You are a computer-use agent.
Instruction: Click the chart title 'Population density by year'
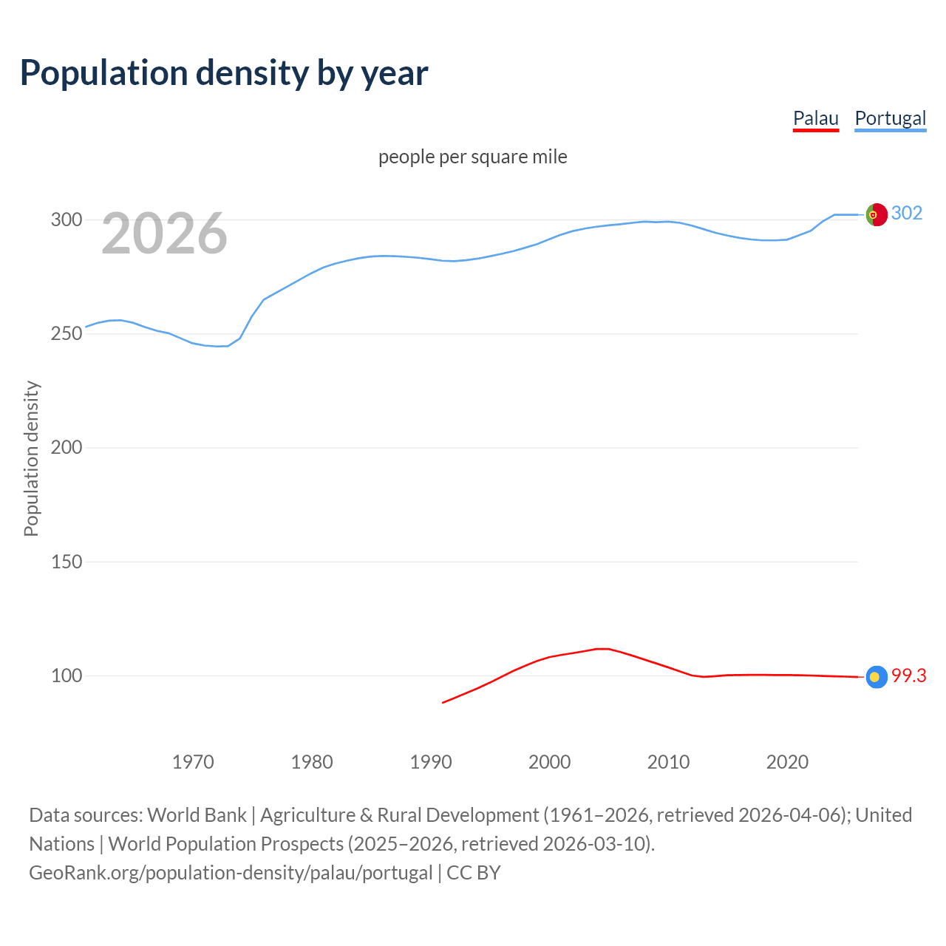point(224,72)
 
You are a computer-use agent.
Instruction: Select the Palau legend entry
point(815,118)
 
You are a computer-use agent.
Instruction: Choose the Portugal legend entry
point(890,118)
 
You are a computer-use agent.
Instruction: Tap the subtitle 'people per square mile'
point(472,157)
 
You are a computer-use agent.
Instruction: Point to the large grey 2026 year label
point(164,234)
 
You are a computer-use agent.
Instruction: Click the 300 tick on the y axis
point(67,220)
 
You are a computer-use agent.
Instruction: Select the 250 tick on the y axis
point(67,333)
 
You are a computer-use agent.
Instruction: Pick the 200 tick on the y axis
point(67,447)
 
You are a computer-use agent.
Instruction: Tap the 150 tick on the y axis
point(67,562)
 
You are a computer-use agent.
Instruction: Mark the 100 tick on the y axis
point(67,676)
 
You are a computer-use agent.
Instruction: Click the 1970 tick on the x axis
point(193,761)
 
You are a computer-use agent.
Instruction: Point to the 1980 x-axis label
point(312,761)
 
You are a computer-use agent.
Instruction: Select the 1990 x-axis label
point(431,761)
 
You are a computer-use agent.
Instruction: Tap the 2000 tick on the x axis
point(549,761)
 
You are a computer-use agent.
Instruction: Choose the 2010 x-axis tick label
point(668,761)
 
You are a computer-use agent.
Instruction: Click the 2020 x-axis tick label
point(787,761)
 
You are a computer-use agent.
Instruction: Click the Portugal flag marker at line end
point(877,214)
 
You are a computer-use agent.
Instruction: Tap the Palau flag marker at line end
point(877,676)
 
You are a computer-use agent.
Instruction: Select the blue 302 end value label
point(907,213)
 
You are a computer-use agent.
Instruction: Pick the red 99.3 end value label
point(908,676)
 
